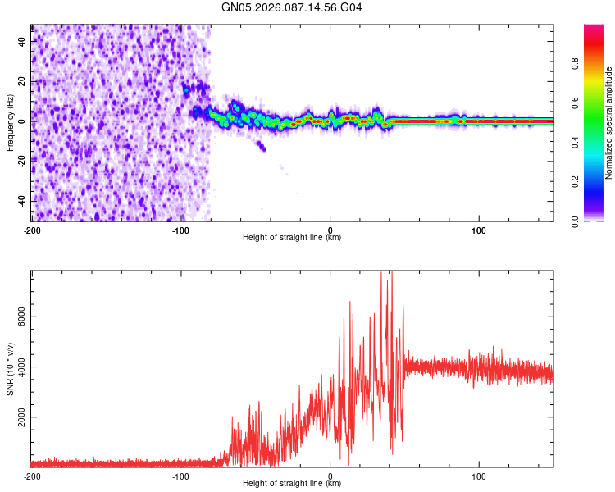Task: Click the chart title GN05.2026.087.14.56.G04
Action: click(292, 8)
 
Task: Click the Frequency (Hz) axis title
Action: click(11, 122)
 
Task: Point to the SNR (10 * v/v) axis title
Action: click(11, 368)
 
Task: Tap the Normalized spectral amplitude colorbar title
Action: click(609, 123)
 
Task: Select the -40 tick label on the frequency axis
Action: click(21, 201)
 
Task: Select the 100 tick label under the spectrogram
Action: click(479, 230)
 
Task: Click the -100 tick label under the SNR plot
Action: click(180, 476)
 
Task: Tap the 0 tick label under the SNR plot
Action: click(330, 476)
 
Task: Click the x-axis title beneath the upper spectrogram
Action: click(292, 238)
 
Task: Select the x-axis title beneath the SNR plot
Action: click(292, 484)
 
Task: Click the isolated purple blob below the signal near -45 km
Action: click(261, 147)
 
